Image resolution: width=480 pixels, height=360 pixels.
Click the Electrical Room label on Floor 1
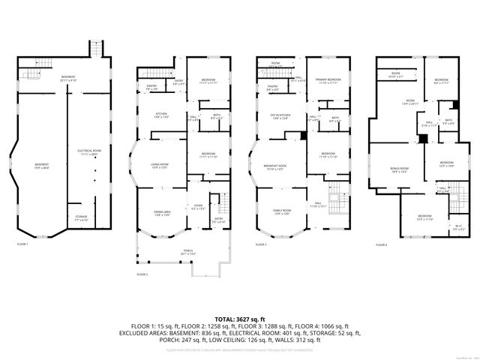tap(88, 152)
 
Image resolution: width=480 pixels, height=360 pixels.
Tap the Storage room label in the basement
tap(82, 218)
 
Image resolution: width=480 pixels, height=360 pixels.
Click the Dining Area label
tap(163, 214)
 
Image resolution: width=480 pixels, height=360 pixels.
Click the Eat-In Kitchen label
tap(280, 116)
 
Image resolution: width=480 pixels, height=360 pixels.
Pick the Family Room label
tap(282, 212)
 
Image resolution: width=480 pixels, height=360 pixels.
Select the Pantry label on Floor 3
tap(272, 88)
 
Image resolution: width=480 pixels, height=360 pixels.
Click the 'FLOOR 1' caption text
tap(22, 244)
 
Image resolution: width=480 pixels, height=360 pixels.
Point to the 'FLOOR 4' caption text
tap(381, 244)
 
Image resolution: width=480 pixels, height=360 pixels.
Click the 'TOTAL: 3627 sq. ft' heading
tap(239, 319)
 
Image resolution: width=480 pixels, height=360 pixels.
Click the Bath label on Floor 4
tap(448, 121)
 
